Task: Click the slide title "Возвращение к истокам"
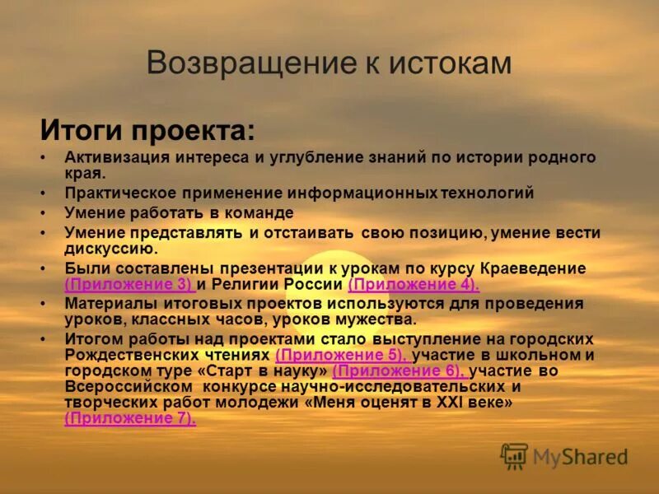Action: (329, 63)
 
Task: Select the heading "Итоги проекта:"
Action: (147, 129)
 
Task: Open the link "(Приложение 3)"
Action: (129, 285)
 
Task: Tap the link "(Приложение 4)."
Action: (414, 285)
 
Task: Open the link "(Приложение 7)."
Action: (130, 418)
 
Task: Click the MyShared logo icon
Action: (514, 456)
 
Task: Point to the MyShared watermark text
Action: (580, 457)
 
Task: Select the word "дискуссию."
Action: (111, 248)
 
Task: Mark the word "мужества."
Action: (374, 319)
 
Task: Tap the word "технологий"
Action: (486, 193)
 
